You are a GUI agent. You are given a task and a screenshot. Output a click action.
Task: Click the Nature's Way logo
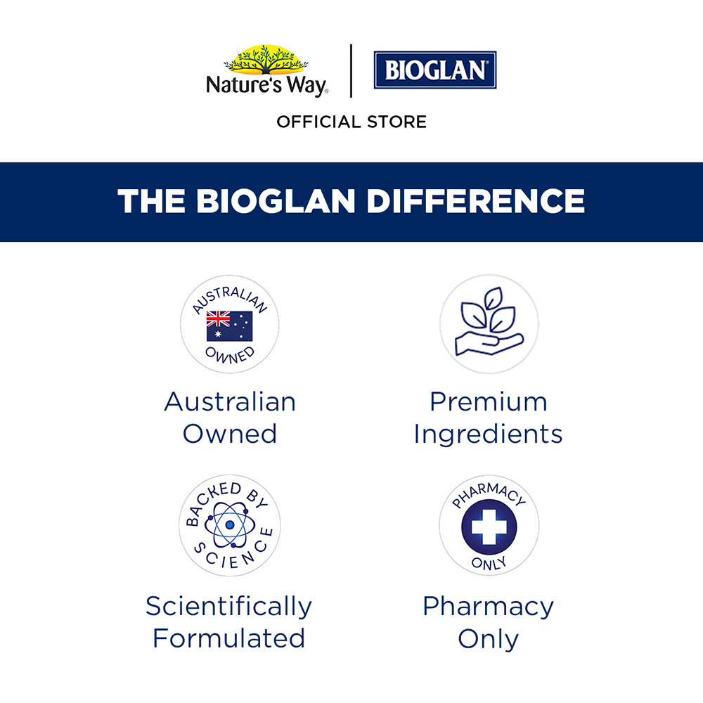click(266, 71)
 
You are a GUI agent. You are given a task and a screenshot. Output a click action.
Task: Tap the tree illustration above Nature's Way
click(266, 59)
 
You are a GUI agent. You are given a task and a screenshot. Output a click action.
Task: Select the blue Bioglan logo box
click(435, 70)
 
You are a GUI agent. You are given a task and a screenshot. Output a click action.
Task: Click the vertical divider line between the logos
click(351, 70)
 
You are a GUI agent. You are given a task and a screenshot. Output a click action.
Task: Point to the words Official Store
click(351, 122)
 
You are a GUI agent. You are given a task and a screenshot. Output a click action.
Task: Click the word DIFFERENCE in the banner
click(476, 201)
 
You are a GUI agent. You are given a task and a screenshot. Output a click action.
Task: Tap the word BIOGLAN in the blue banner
click(276, 201)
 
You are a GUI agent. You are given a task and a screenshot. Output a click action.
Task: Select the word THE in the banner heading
click(151, 201)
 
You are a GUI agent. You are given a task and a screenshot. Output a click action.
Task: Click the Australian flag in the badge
click(230, 326)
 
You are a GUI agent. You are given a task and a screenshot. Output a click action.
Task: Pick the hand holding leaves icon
click(489, 322)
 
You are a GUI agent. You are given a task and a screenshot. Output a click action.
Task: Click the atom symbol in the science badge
click(230, 525)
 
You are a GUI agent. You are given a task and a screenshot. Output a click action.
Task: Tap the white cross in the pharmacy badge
click(489, 527)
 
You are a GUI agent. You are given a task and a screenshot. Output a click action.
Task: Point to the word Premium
click(489, 401)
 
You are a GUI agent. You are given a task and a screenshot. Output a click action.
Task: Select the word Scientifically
click(228, 607)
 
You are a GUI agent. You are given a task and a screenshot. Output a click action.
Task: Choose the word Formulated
click(228, 638)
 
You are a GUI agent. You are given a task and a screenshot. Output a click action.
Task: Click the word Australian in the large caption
click(230, 401)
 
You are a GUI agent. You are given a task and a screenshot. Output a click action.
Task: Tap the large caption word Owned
click(230, 434)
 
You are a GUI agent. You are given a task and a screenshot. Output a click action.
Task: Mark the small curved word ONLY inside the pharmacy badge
click(489, 564)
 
